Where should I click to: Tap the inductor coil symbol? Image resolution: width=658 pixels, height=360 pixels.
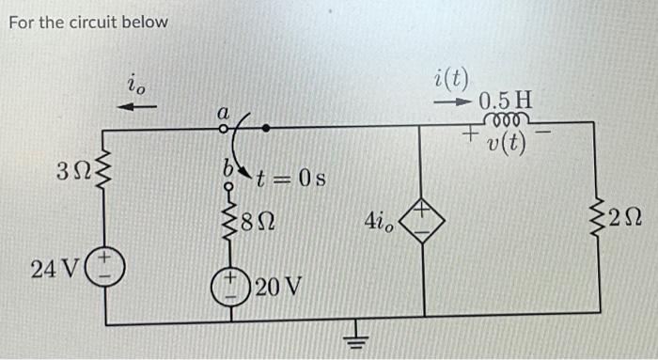(x=505, y=118)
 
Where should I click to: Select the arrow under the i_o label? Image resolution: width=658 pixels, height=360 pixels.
(x=138, y=107)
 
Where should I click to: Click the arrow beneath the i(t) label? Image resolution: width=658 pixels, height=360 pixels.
(x=456, y=100)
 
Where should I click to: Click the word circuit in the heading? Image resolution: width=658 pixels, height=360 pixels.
(x=99, y=21)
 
